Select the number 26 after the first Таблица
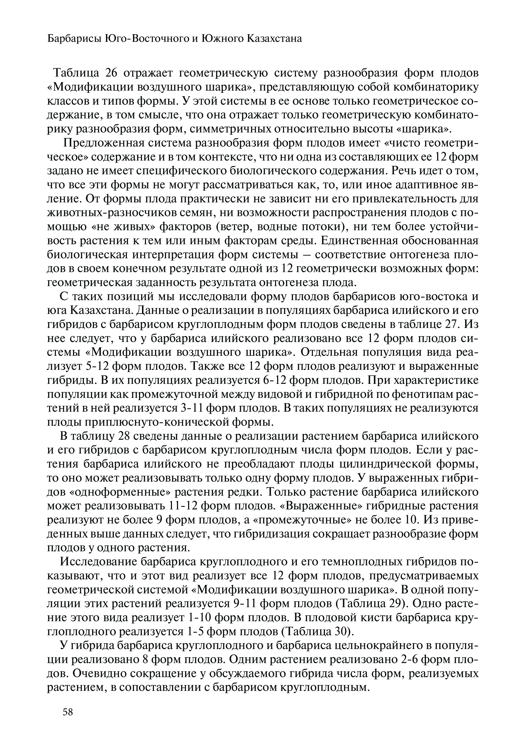click(111, 73)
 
